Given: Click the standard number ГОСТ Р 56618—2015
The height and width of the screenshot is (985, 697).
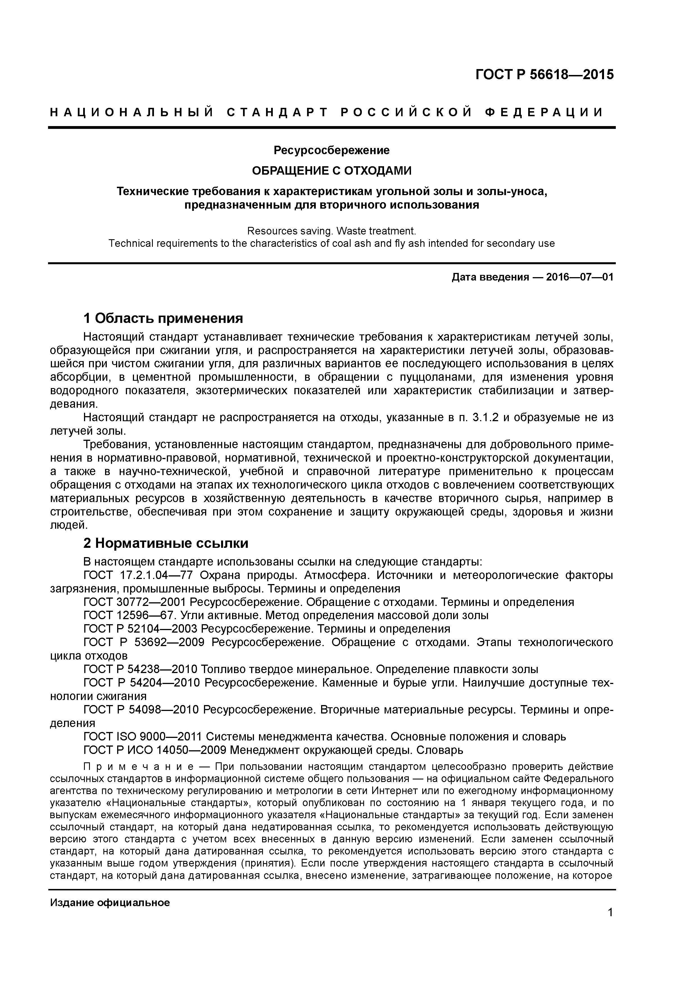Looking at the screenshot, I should (544, 75).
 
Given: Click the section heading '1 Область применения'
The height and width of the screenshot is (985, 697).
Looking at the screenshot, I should (163, 318).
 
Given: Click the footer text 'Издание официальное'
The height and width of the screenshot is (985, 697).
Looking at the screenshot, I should (110, 903).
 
